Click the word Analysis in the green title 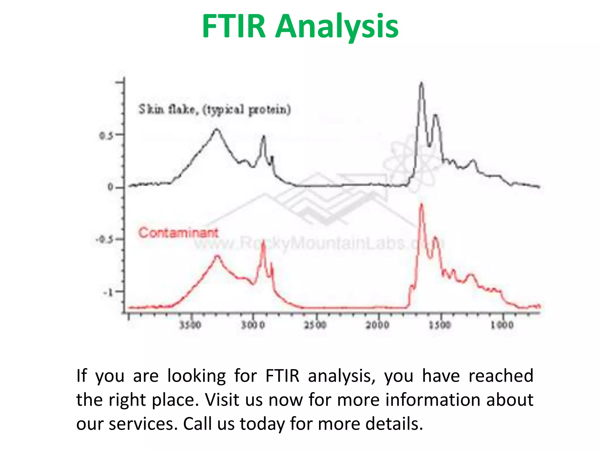(x=337, y=27)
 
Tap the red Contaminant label (x=178, y=233)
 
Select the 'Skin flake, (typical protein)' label (x=214, y=110)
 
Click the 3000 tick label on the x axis (x=253, y=325)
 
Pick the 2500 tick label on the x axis (x=315, y=325)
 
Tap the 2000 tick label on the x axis (x=378, y=325)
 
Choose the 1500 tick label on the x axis (x=440, y=325)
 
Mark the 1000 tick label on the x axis (x=502, y=325)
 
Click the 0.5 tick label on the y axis (x=106, y=136)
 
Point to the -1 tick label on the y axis (x=108, y=292)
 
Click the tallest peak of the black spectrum (x=421, y=83)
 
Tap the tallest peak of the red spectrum (x=422, y=204)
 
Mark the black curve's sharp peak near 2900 (x=264, y=136)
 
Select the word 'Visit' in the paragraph (x=222, y=400)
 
